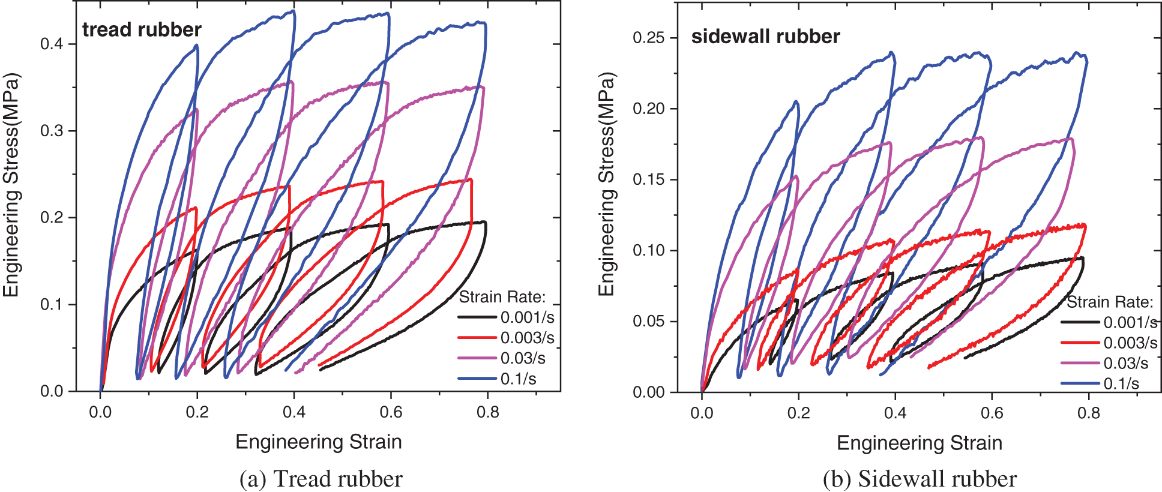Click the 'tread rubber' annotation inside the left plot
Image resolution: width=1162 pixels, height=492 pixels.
coord(142,29)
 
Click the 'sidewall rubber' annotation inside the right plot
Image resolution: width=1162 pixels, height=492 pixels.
coord(765,37)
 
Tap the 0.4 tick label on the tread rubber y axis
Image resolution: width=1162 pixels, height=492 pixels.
coord(52,44)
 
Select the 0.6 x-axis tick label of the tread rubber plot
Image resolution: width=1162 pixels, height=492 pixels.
coord(391,412)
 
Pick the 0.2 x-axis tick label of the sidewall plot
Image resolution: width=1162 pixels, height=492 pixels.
coord(799,413)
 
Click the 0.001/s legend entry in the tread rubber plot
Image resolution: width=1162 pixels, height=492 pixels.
coord(527,317)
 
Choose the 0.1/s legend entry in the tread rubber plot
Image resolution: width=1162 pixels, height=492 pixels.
coord(519,379)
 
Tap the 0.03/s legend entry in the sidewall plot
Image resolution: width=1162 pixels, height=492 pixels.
coord(1125,363)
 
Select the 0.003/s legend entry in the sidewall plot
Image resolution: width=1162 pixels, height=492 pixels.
coord(1130,343)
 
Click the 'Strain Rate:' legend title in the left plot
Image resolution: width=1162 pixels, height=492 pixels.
coord(502,297)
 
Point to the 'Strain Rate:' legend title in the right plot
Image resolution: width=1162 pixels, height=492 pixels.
coord(1110,302)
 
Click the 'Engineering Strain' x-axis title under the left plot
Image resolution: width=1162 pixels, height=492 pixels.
coord(318,442)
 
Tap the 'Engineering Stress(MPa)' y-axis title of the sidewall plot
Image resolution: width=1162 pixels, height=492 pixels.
coord(607,184)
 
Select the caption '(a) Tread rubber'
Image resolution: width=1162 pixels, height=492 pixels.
coord(321,479)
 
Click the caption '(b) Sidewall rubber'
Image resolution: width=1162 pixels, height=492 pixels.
coord(920,479)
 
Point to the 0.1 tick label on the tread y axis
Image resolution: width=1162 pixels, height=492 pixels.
coord(52,304)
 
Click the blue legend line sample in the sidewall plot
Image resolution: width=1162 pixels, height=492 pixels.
coord(1080,383)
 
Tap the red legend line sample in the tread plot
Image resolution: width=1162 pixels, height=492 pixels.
coord(477,338)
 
